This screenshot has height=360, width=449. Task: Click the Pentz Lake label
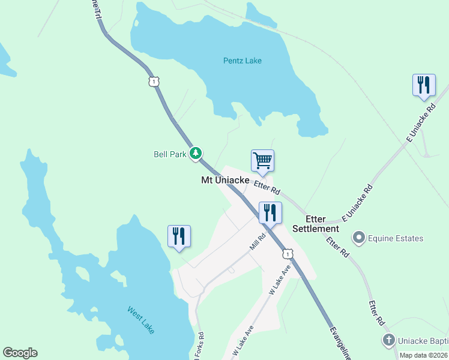242,61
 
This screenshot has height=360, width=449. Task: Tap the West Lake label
141,319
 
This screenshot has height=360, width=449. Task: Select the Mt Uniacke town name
225,180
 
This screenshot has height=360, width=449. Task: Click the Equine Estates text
397,238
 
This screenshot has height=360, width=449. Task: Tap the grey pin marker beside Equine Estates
360,238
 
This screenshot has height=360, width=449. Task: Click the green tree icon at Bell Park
195,154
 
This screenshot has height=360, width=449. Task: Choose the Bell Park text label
170,154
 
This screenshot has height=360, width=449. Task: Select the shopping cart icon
262,160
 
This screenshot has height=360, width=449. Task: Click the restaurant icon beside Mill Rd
270,212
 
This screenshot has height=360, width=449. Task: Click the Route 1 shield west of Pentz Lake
154,81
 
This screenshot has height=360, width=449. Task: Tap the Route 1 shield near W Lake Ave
288,254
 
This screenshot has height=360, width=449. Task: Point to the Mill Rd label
257,242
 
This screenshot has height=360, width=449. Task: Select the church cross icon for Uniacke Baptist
388,340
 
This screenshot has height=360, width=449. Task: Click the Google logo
20,353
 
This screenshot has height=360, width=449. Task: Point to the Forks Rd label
200,348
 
